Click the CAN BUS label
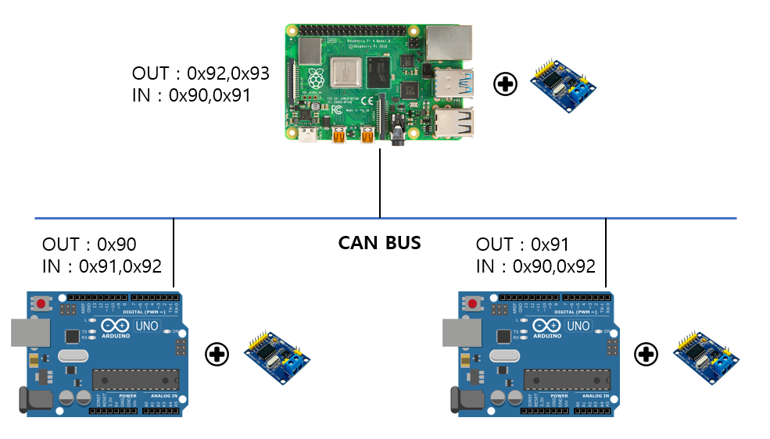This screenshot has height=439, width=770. [379, 243]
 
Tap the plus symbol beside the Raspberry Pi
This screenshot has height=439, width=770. [506, 84]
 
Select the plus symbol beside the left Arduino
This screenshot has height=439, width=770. [217, 355]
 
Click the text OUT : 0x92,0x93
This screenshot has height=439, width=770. [201, 73]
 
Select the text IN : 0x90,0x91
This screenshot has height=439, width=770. [192, 95]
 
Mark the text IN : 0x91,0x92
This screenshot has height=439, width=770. [102, 266]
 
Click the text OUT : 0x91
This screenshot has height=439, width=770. [522, 244]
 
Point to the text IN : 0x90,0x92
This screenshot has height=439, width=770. [535, 266]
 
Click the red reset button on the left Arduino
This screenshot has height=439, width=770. [41, 302]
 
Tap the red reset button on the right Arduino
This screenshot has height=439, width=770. [474, 302]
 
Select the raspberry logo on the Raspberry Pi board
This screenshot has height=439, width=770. [316, 78]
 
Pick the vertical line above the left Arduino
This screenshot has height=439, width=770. [173, 254]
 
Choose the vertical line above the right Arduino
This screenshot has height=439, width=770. [606, 254]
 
